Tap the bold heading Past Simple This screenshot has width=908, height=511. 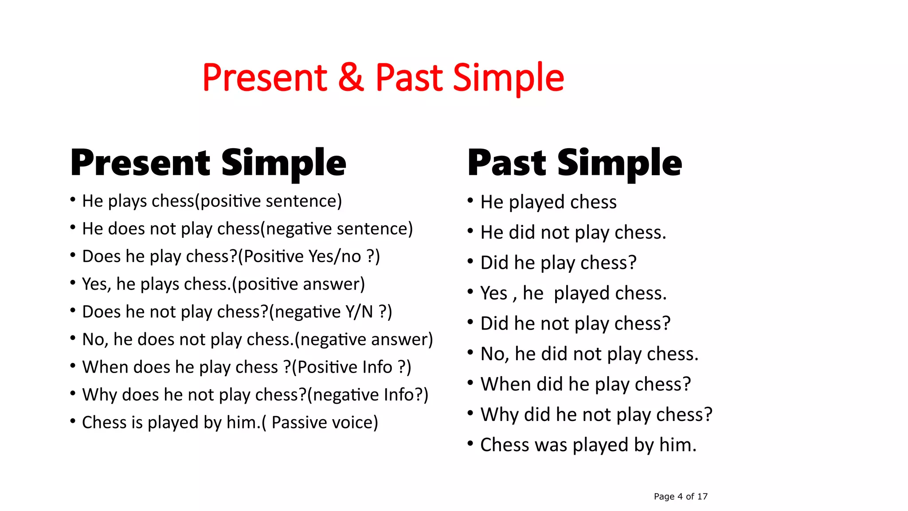click(x=575, y=163)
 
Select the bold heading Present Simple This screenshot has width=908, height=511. click(x=208, y=163)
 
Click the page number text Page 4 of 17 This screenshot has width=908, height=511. click(x=681, y=496)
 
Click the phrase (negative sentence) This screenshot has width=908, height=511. click(x=337, y=229)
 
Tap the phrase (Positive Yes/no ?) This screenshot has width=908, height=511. click(x=309, y=257)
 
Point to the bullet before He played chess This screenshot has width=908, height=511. click(x=470, y=201)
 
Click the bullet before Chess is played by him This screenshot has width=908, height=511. click(x=73, y=421)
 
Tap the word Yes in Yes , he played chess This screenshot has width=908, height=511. click(x=493, y=294)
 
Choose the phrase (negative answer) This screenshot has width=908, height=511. click(x=364, y=340)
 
